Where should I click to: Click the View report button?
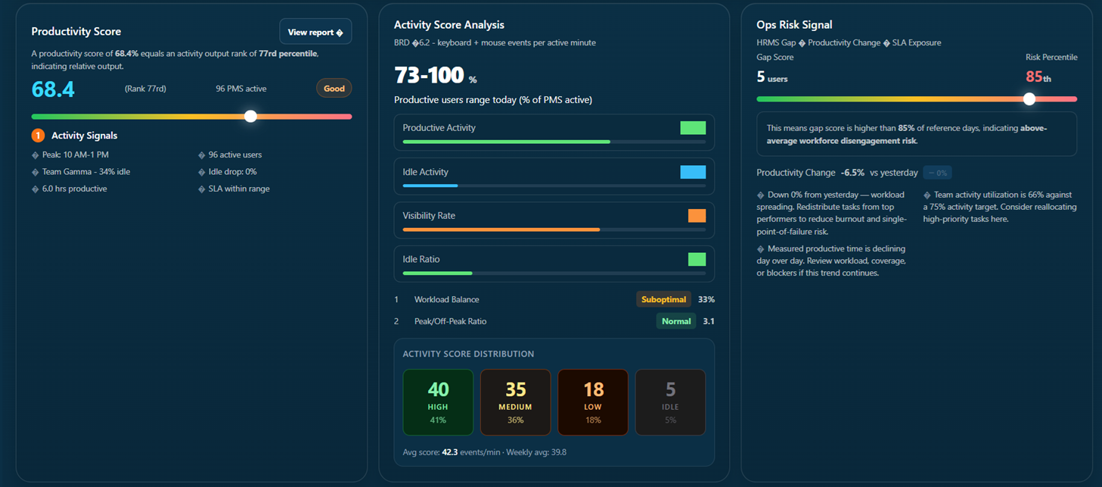315,32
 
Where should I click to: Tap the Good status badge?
334,89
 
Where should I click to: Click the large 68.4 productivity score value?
53,89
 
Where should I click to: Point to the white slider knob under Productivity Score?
250,116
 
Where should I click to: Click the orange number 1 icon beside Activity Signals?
38,136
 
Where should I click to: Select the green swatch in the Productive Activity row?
693,128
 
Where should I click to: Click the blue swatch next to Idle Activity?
693,172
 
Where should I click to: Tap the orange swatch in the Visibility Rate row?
697,216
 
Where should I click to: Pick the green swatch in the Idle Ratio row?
697,259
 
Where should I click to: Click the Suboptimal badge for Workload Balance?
663,299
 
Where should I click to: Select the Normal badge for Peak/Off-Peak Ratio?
676,321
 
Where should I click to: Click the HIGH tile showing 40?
438,402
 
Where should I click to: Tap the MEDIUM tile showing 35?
515,402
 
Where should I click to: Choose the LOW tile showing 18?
593,402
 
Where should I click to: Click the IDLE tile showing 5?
670,402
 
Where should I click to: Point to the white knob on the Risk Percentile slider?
1029,99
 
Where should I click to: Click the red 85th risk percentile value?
1038,76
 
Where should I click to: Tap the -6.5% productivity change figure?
852,173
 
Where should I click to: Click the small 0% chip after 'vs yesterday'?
937,173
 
